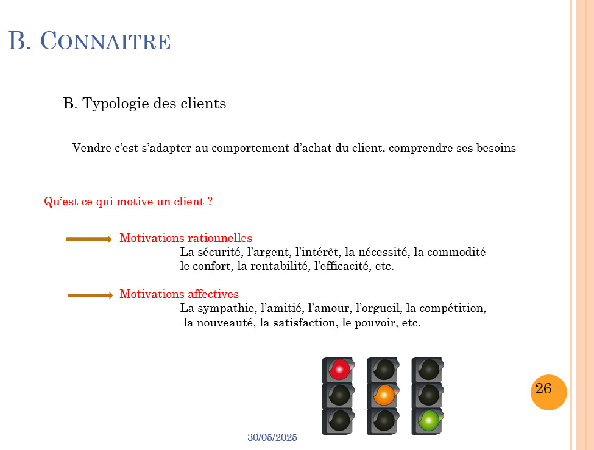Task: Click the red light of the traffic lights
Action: click(x=339, y=369)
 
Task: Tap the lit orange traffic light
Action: click(x=384, y=395)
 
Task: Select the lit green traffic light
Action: click(x=429, y=421)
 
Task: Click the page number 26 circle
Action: click(x=548, y=392)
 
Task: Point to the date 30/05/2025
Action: click(x=272, y=438)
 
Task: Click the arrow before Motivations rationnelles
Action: click(x=89, y=239)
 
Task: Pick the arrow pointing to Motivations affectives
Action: click(x=90, y=295)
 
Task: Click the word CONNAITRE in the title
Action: click(x=105, y=41)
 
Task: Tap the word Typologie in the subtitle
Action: click(x=116, y=104)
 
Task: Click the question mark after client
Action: click(x=210, y=202)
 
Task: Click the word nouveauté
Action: click(x=224, y=323)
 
